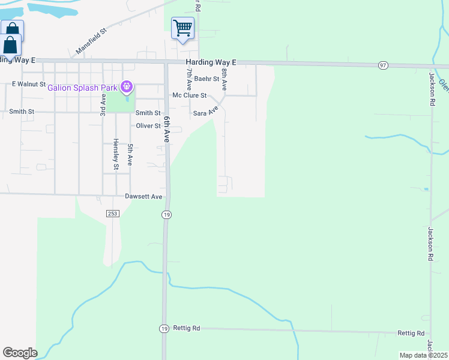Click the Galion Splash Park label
pyautogui.click(x=83, y=88)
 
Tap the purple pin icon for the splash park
pyautogui.click(x=126, y=88)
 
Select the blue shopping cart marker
pyautogui.click(x=182, y=28)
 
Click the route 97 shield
pyautogui.click(x=383, y=65)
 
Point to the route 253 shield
pyautogui.click(x=113, y=214)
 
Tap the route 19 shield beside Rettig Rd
pyautogui.click(x=164, y=328)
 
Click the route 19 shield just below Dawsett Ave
pyautogui.click(x=167, y=214)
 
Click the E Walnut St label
pyautogui.click(x=29, y=84)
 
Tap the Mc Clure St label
pyautogui.click(x=189, y=95)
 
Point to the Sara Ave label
pyautogui.click(x=205, y=112)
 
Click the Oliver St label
pyautogui.click(x=148, y=126)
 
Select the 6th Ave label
pyautogui.click(x=168, y=129)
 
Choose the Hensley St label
pyautogui.click(x=116, y=155)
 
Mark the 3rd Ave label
pyautogui.click(x=103, y=103)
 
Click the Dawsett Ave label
pyautogui.click(x=144, y=196)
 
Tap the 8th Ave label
pyautogui.click(x=224, y=79)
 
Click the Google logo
pyautogui.click(x=20, y=353)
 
